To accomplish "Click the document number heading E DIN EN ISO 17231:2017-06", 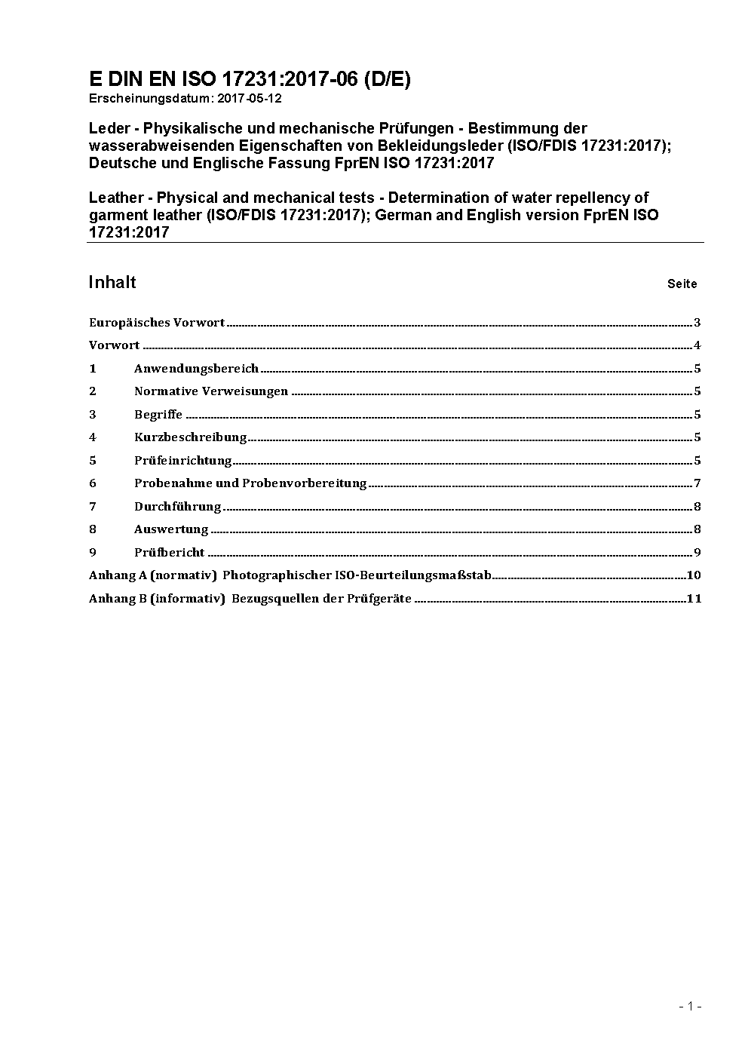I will (x=250, y=80).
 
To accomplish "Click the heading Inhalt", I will (x=112, y=282).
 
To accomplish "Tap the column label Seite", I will (x=682, y=284).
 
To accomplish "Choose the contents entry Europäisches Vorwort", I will (x=157, y=323).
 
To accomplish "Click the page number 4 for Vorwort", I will (x=697, y=346).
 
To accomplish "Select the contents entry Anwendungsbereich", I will (x=196, y=369).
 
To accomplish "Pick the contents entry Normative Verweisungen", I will (x=211, y=391).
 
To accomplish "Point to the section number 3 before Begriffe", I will (x=93, y=415).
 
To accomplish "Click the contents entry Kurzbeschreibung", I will (x=191, y=437).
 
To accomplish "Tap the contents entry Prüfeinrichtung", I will (x=183, y=461).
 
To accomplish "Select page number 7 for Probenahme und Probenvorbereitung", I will (x=697, y=483).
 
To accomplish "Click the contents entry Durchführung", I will (x=178, y=507).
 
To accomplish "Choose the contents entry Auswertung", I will (x=171, y=529).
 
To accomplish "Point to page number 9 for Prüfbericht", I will (x=697, y=553).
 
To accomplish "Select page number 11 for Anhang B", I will (x=694, y=599).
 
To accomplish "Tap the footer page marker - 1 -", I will (x=690, y=1006).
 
